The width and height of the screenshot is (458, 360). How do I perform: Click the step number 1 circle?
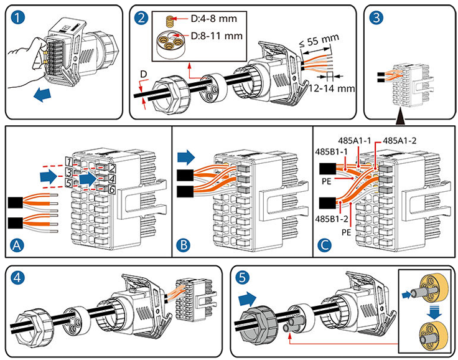coord(16,17)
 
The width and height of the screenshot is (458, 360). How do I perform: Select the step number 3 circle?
coord(376,17)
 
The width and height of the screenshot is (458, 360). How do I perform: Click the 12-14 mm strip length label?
coord(332,88)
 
